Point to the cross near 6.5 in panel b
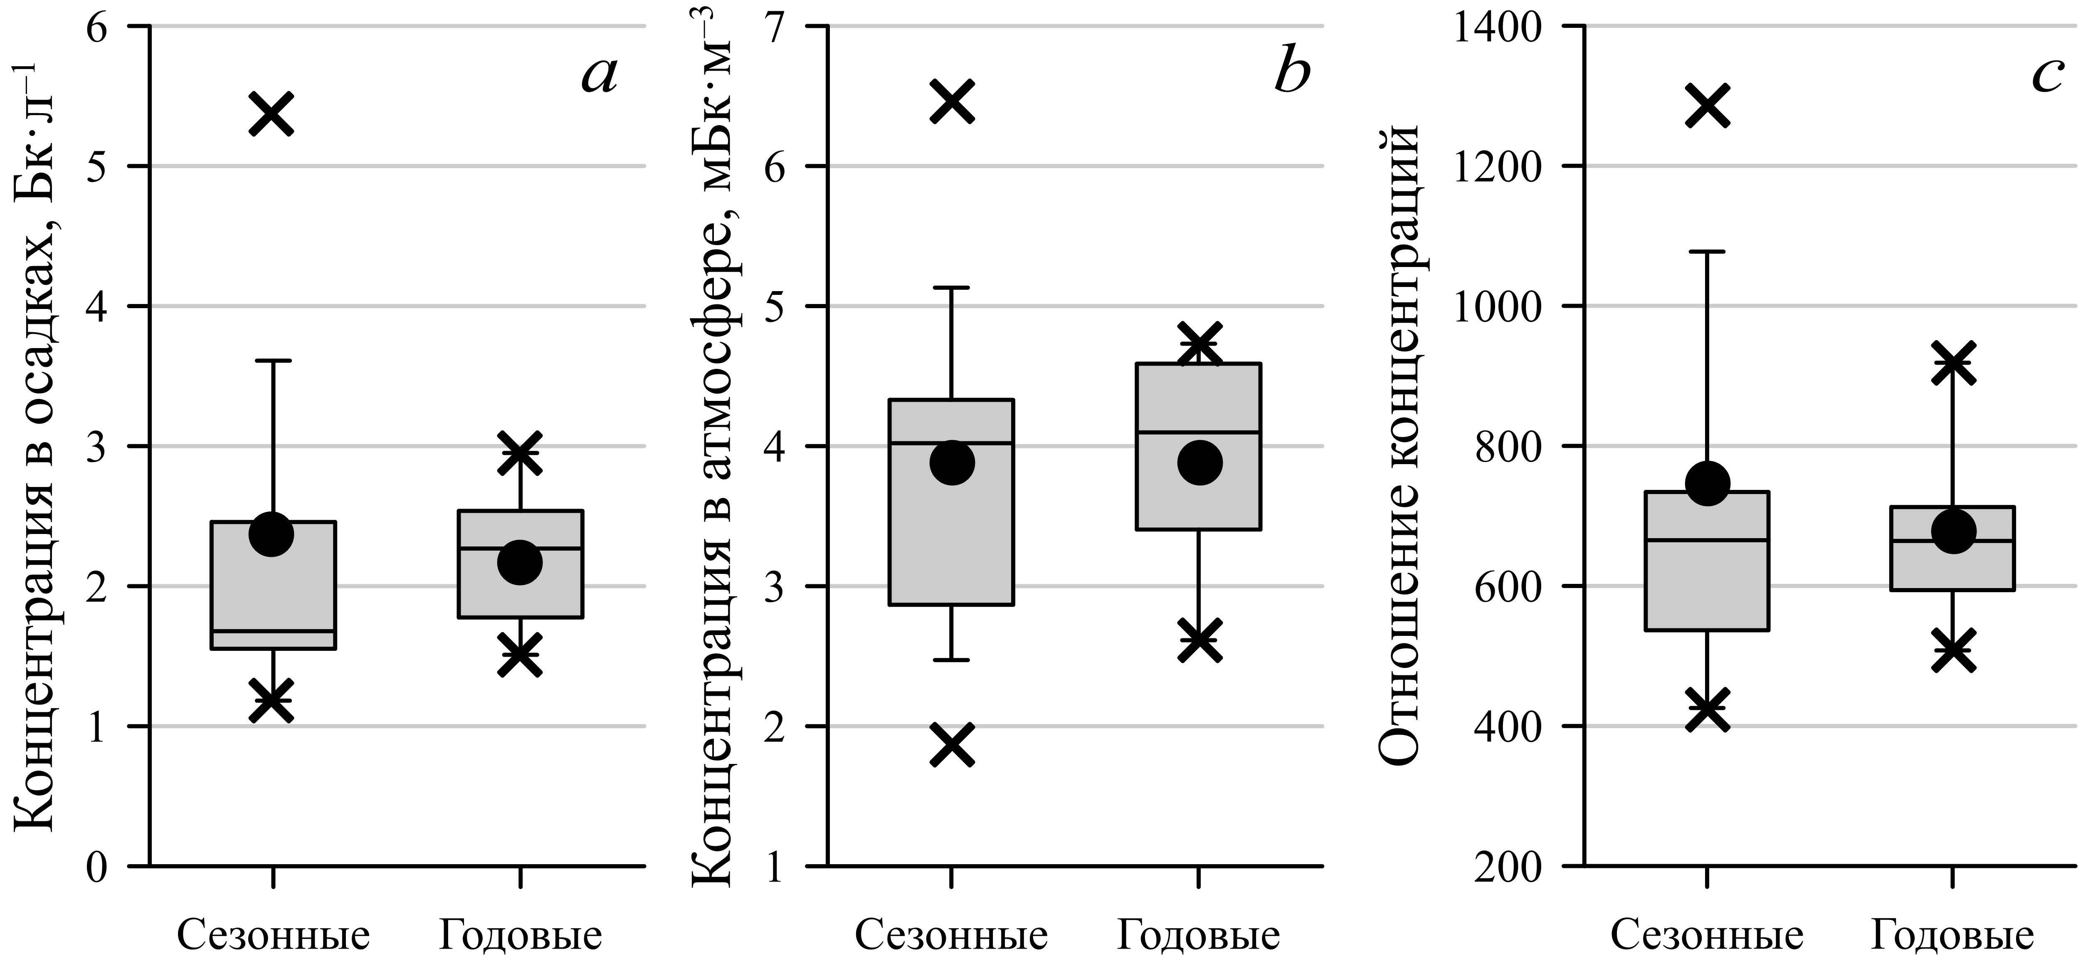point(953,101)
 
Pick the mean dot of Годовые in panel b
point(1200,462)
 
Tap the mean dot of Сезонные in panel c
point(1708,483)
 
